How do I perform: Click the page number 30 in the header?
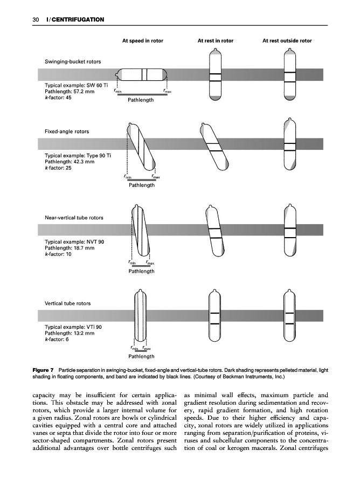(x=36, y=20)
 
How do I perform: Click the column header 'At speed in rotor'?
(x=143, y=40)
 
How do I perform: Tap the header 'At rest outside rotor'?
(x=287, y=40)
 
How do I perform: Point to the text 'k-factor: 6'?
(x=57, y=340)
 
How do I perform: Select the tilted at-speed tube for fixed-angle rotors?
(x=141, y=146)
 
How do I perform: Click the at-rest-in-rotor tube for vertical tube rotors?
(x=216, y=318)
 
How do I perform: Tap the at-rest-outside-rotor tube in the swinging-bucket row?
(x=289, y=76)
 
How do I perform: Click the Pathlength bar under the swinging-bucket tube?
(x=141, y=94)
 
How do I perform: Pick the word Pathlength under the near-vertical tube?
(x=141, y=271)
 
